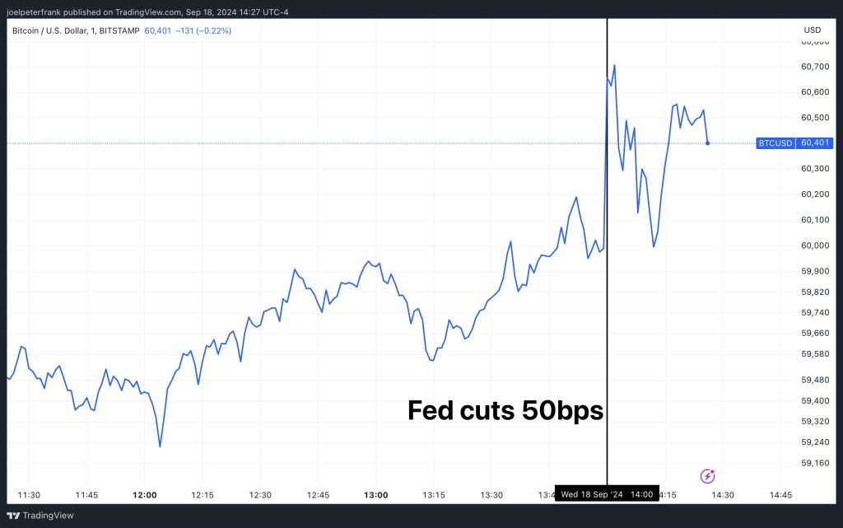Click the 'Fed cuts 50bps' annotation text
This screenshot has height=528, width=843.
click(x=505, y=410)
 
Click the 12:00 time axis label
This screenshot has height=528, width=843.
click(x=144, y=495)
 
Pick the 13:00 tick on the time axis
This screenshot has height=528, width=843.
click(x=375, y=495)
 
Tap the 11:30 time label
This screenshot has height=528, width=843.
click(x=29, y=495)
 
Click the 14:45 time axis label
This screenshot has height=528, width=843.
click(x=780, y=495)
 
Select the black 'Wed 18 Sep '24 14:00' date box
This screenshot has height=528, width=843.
click(x=607, y=495)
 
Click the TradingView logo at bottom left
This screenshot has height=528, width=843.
click(x=40, y=516)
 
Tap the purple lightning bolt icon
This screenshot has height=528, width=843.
click(x=707, y=475)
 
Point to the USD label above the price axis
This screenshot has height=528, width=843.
click(x=812, y=30)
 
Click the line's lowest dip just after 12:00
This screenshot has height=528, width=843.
click(x=160, y=446)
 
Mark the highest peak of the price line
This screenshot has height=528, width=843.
click(x=615, y=64)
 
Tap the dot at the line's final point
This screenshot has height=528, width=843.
click(x=707, y=143)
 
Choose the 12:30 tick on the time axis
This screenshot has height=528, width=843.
click(x=260, y=495)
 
